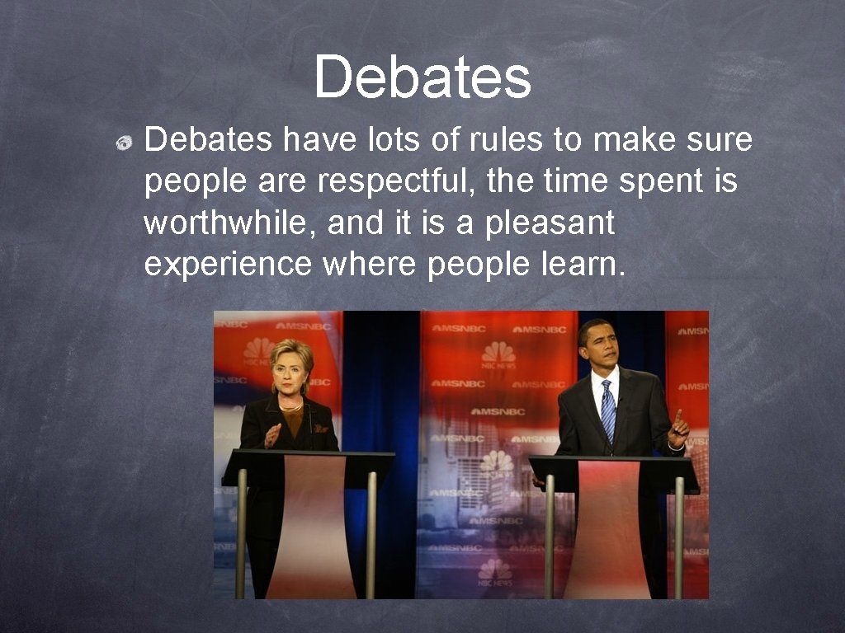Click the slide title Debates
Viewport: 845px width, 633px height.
tap(422, 77)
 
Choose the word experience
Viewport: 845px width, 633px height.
tap(228, 265)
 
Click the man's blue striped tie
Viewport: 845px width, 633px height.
tap(608, 408)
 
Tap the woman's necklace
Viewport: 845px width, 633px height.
tap(290, 406)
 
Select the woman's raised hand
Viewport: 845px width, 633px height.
tap(272, 434)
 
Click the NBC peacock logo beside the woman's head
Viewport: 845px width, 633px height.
tap(257, 349)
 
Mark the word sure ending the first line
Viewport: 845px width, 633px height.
tap(725, 140)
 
